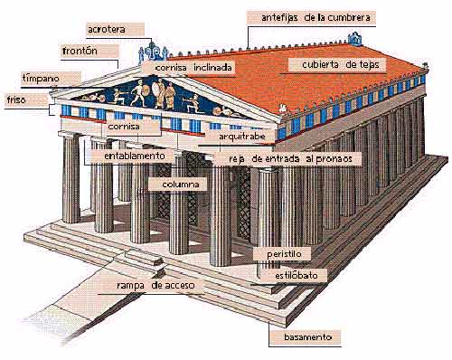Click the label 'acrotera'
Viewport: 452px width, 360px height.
(108, 30)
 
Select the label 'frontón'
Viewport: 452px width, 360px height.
(80, 51)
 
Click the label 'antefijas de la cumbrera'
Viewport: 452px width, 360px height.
(316, 17)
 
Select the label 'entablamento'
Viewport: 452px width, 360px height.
(127, 155)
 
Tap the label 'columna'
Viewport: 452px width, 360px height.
(179, 185)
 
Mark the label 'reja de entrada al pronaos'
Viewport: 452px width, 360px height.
(288, 157)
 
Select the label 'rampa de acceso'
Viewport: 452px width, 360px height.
(155, 286)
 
